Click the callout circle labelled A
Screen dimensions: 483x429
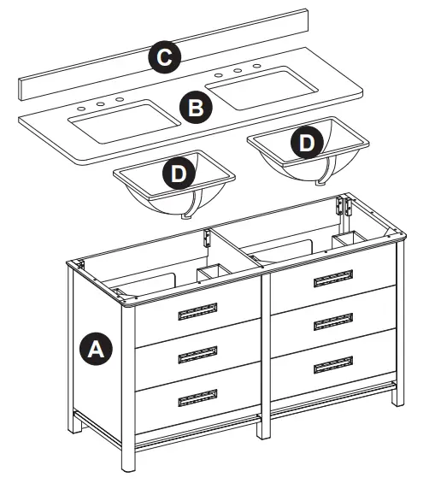tap(96, 348)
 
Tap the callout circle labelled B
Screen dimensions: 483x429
tap(195, 109)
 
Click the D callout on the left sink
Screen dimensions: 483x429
tap(178, 173)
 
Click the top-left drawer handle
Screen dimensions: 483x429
tap(197, 313)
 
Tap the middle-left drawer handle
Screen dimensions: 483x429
tap(197, 356)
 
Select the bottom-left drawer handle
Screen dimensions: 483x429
tap(197, 398)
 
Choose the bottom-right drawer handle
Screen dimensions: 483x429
tap(333, 365)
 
